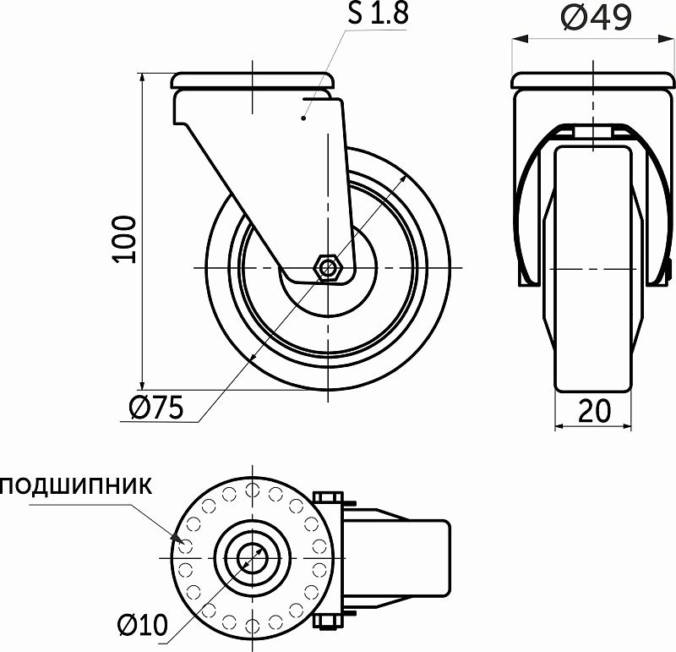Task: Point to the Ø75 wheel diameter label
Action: pos(156,408)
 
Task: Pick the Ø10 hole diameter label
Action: pos(143,625)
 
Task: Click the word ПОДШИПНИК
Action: pos(76,485)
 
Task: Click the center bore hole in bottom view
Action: pos(251,558)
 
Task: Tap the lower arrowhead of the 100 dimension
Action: pos(143,385)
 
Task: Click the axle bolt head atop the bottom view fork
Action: pos(328,496)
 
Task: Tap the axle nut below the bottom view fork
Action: pos(328,623)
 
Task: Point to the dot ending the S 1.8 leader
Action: pos(303,119)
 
